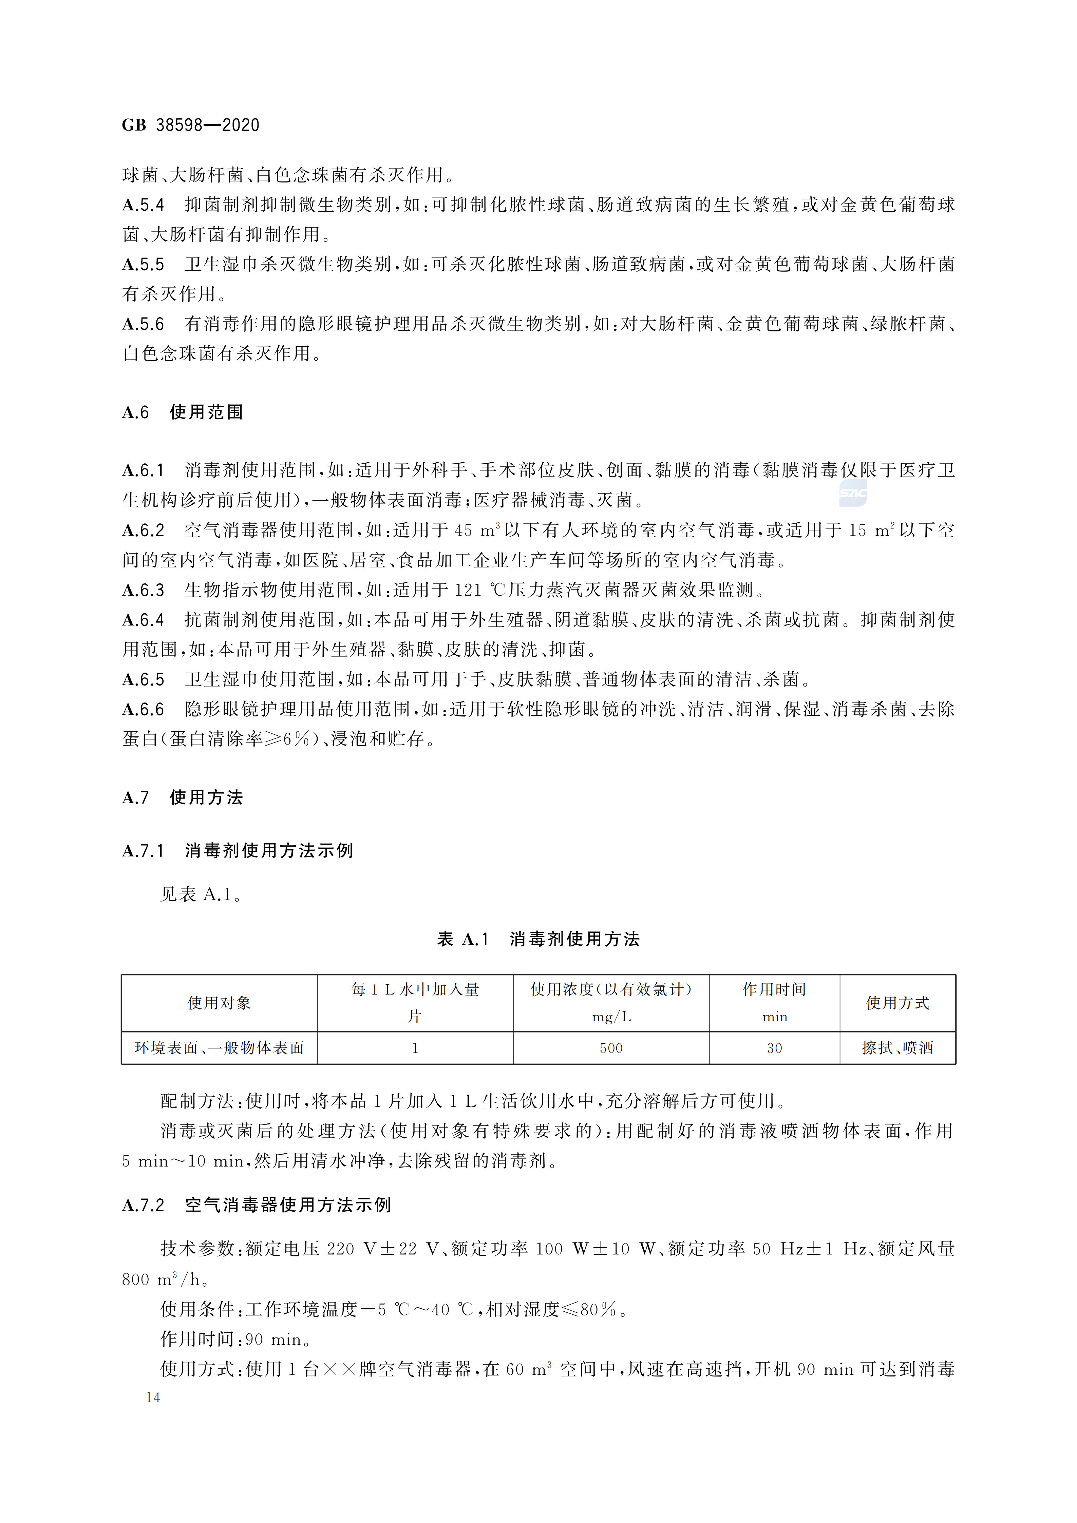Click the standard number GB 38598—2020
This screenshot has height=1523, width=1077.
pyautogui.click(x=190, y=125)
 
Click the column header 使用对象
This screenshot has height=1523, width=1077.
pyautogui.click(x=219, y=1003)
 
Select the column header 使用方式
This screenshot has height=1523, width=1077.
pyautogui.click(x=897, y=1003)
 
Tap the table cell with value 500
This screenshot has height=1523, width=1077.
pyautogui.click(x=610, y=1048)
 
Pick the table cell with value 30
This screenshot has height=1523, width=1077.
pyautogui.click(x=774, y=1048)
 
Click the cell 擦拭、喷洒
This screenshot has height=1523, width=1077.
pyautogui.click(x=897, y=1048)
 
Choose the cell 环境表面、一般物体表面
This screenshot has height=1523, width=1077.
pyautogui.click(x=219, y=1048)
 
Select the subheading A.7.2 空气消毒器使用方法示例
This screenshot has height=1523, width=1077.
pyautogui.click(x=257, y=1204)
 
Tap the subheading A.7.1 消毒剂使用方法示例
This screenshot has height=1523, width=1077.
pyautogui.click(x=238, y=850)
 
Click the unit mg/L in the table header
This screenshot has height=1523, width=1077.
pyautogui.click(x=610, y=1016)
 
